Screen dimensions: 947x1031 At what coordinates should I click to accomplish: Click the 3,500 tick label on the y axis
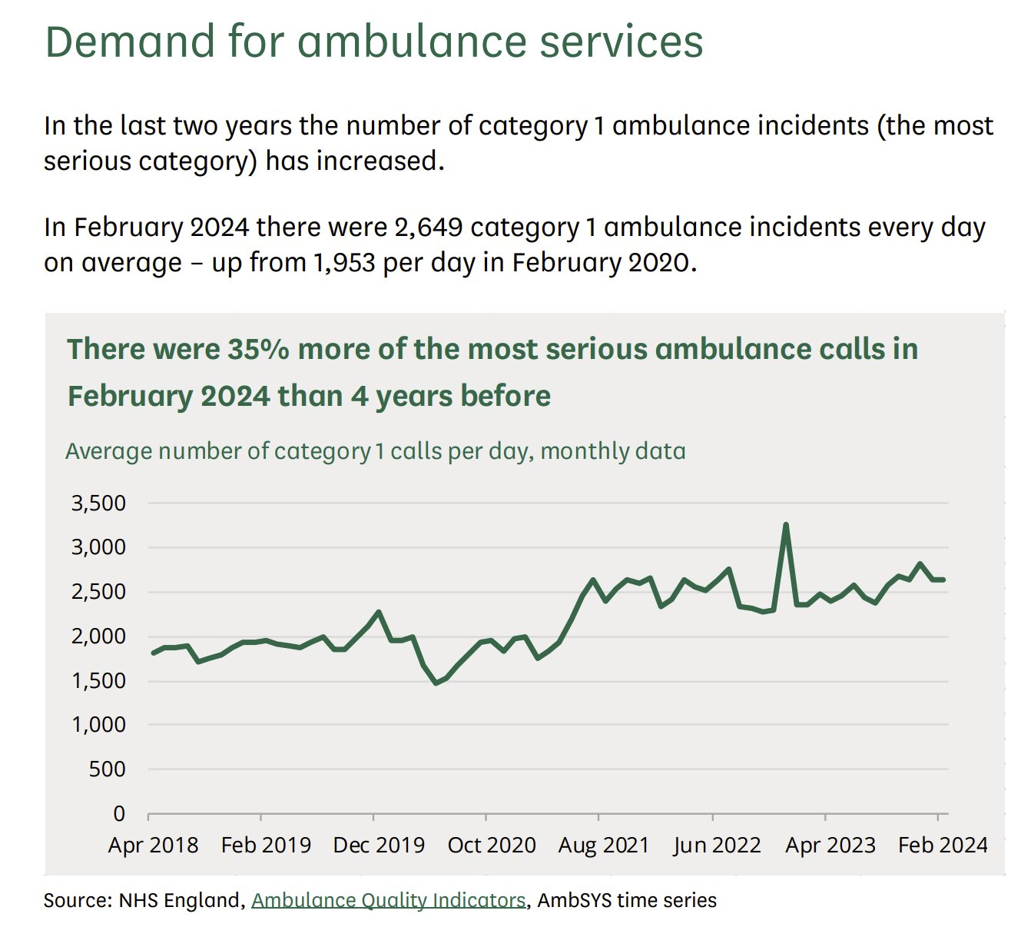point(98,503)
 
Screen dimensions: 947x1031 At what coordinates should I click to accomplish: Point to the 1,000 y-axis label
point(98,725)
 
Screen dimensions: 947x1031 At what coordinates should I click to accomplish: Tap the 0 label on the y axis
point(118,813)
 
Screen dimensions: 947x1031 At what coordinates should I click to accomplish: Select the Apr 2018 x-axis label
point(153,846)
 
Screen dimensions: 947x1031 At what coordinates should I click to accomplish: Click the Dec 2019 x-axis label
point(379,846)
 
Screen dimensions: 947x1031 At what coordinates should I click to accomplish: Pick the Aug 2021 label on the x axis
point(604,846)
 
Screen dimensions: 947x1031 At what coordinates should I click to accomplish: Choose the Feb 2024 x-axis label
point(943,846)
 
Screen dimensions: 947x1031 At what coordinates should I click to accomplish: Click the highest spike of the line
point(785,525)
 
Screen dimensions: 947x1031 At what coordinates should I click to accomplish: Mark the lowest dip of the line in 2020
point(436,683)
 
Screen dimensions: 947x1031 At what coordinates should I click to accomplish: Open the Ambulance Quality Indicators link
point(389,900)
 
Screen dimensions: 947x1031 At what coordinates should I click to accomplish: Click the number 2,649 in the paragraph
point(429,228)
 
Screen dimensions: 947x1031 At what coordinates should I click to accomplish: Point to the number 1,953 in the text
point(344,263)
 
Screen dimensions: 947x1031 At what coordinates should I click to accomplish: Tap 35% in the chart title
point(258,350)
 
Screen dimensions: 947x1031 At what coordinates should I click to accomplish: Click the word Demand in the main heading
point(129,42)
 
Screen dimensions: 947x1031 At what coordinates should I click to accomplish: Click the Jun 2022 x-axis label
point(717,846)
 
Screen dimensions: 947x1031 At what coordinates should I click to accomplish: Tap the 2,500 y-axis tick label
point(98,592)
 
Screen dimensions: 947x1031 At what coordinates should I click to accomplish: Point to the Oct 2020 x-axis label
point(492,846)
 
